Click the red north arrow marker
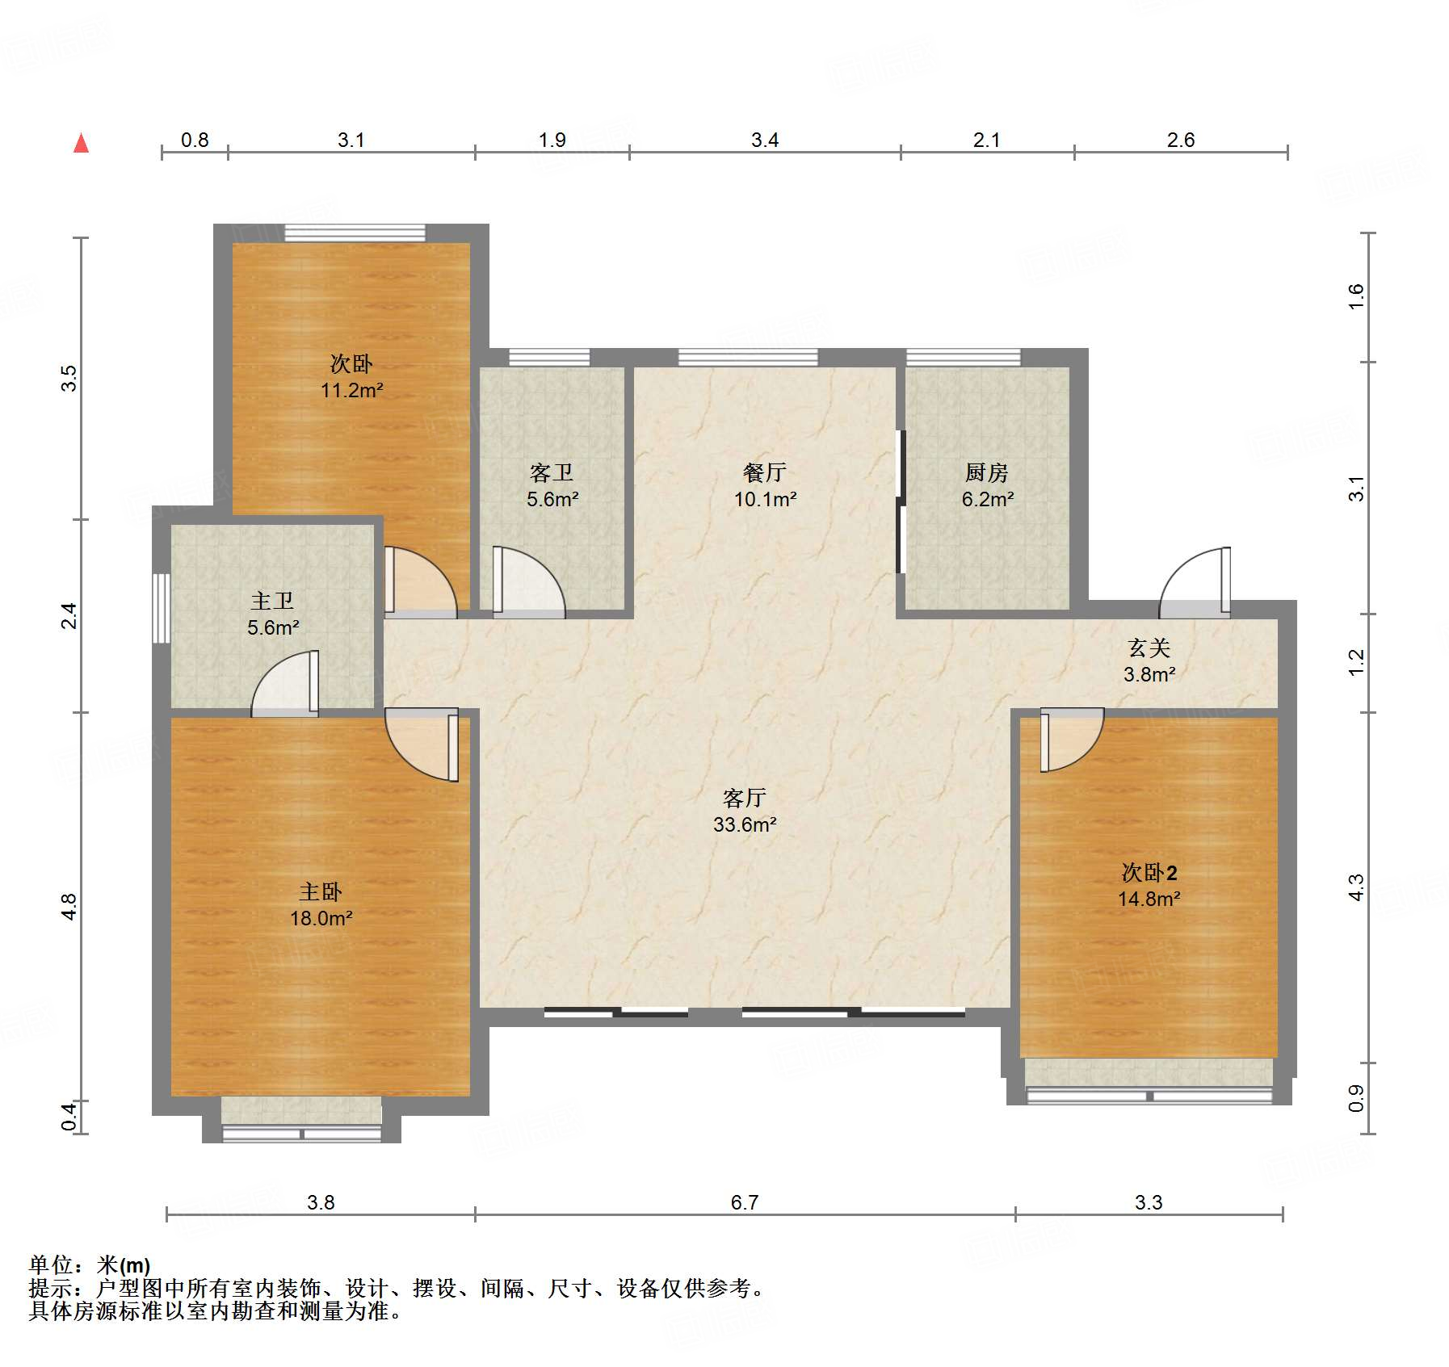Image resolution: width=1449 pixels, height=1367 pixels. [x=81, y=143]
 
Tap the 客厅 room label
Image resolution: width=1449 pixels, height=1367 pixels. [x=744, y=798]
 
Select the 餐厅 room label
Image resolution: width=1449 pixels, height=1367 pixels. [x=765, y=472]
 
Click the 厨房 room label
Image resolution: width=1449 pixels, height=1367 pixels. [x=987, y=472]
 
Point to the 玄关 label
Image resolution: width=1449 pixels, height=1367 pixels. [x=1149, y=648]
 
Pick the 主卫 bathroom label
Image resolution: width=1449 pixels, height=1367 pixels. [x=272, y=601]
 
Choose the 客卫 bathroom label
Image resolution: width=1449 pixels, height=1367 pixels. [x=552, y=472]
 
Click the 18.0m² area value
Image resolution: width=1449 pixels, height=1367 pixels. [x=321, y=918]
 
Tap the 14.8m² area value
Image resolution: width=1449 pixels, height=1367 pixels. [x=1149, y=899]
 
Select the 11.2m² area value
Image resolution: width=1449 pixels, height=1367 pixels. [x=352, y=390]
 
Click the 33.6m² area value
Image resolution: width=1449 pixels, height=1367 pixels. [x=745, y=824]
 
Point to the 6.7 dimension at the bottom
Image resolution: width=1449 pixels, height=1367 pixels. [x=745, y=1202]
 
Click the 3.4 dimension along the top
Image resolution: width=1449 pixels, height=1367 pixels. [x=765, y=140]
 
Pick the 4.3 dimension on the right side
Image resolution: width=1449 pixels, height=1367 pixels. [x=1356, y=887]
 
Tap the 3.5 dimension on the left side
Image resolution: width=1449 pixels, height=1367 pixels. [x=69, y=378]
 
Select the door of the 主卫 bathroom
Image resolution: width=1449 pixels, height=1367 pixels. [x=285, y=683]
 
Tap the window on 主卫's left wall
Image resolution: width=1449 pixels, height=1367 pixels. [x=162, y=608]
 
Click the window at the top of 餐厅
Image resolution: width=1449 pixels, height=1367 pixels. [x=748, y=357]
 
